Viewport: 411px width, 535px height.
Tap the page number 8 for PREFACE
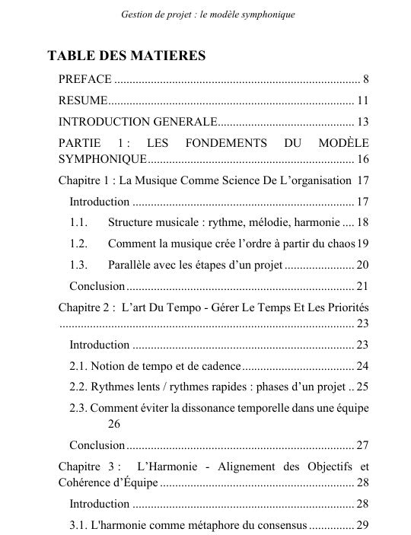pos(365,79)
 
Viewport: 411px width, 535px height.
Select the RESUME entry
pos(83,100)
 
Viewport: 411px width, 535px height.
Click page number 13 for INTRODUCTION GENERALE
pos(362,122)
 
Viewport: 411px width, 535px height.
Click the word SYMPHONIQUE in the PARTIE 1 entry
pos(102,160)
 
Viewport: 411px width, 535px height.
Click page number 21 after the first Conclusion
pos(362,286)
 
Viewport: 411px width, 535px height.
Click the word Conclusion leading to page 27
pos(97,445)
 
